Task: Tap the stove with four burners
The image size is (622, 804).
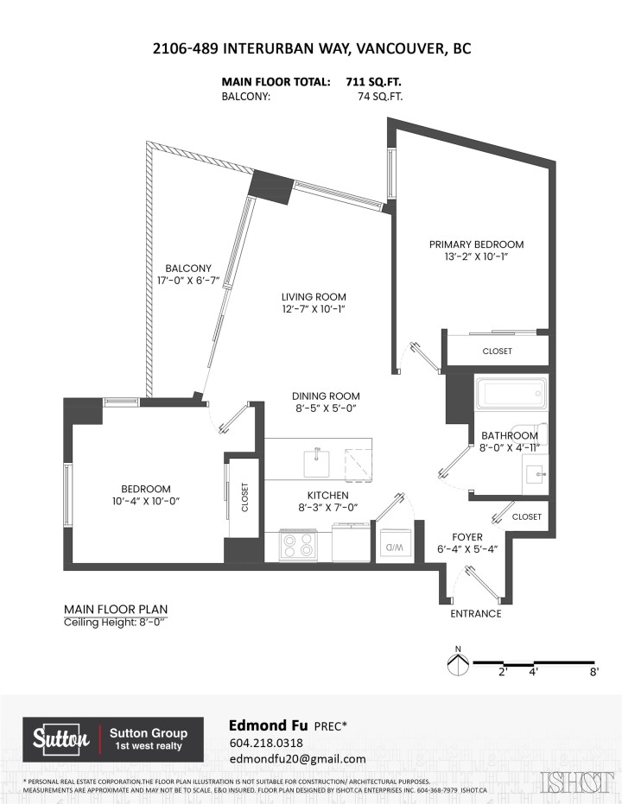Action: (298, 545)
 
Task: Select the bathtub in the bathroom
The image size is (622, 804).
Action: (511, 395)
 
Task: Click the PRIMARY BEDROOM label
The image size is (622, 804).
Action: (476, 244)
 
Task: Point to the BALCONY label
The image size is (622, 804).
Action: (187, 268)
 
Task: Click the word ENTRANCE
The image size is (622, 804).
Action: (475, 614)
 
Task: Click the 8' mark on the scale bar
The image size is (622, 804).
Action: (593, 671)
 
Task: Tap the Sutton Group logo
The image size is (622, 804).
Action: (113, 738)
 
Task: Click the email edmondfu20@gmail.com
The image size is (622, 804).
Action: (297, 759)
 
